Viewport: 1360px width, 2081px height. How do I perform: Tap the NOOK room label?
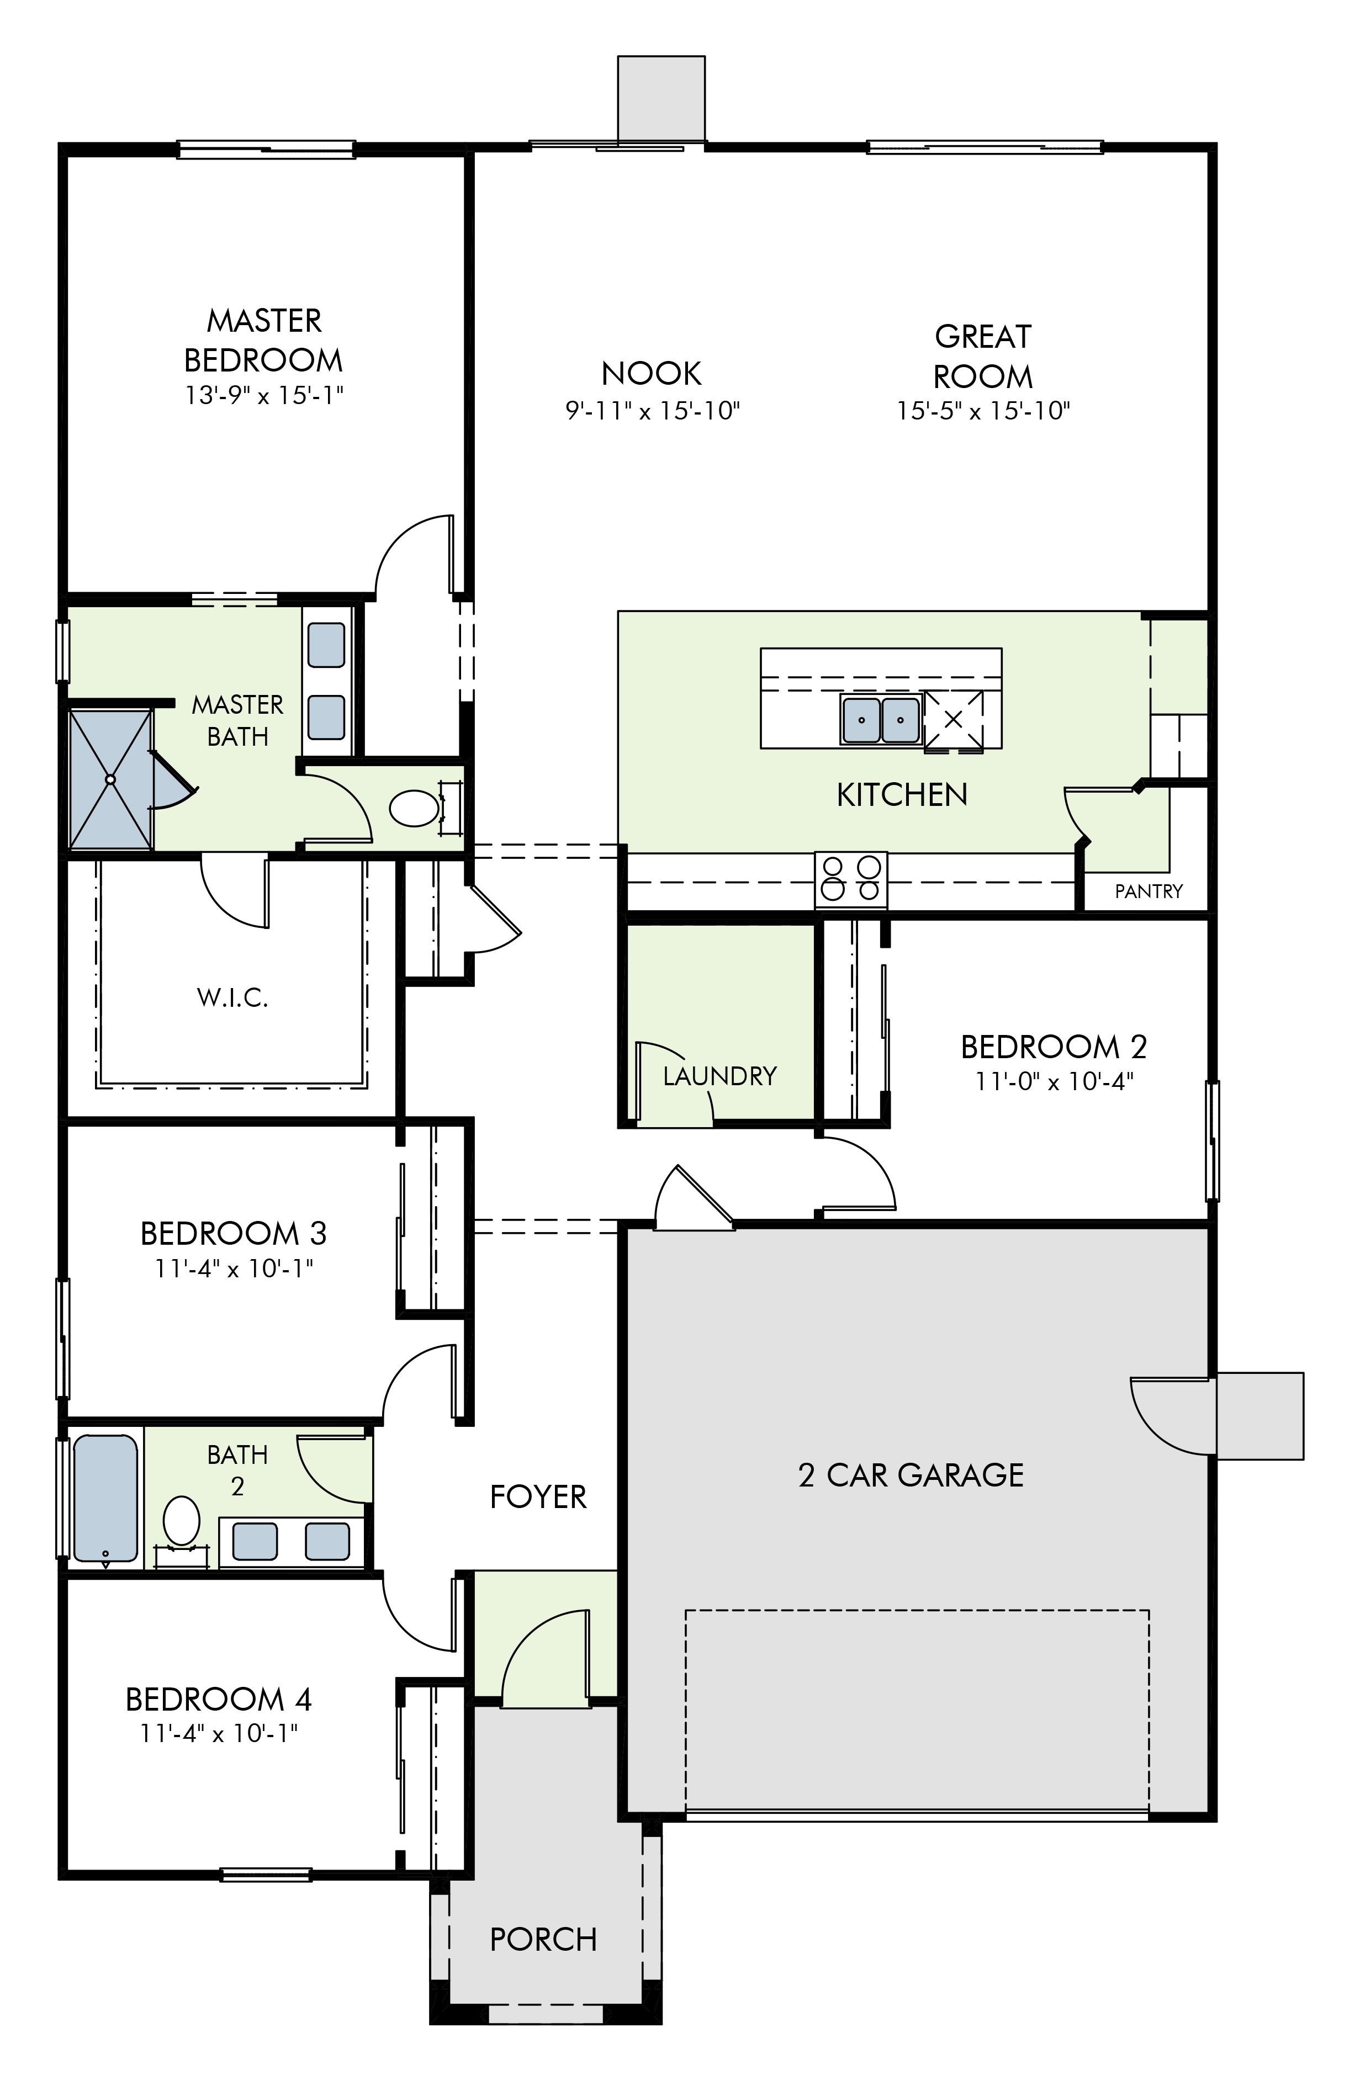coord(652,373)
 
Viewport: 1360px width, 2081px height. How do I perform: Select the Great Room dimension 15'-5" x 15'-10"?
coord(983,410)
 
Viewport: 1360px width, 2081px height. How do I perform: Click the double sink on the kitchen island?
coord(881,719)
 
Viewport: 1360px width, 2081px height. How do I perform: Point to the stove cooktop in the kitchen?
coord(851,879)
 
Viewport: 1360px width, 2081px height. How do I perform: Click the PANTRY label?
coord(1149,891)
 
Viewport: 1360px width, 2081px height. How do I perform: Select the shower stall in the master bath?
coord(110,779)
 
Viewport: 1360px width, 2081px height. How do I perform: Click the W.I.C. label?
coord(232,997)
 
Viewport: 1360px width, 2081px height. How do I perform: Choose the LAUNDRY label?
coord(720,1075)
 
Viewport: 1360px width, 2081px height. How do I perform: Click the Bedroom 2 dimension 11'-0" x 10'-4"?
coord(1054,1081)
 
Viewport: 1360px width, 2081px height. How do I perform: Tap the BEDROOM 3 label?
coord(234,1233)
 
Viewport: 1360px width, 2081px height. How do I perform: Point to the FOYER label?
coord(538,1497)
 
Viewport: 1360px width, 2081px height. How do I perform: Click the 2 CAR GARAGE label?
coord(911,1475)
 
